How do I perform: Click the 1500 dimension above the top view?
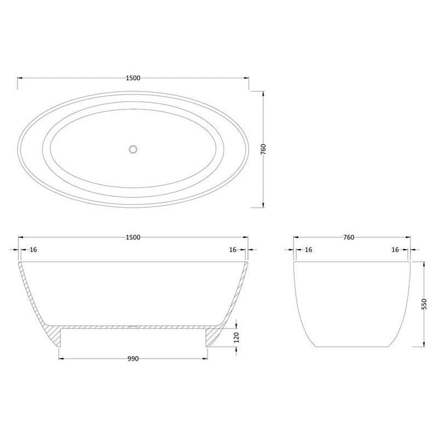click(x=133, y=78)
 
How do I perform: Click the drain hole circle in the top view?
click(x=133, y=149)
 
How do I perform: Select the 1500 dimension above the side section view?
click(x=133, y=237)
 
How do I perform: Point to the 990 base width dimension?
click(x=132, y=359)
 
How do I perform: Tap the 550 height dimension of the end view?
click(x=424, y=304)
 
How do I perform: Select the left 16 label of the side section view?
click(x=34, y=249)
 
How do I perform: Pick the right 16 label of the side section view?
click(x=232, y=249)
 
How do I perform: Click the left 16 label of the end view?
click(x=308, y=249)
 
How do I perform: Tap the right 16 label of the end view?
click(x=394, y=249)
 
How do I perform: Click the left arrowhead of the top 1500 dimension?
click(x=19, y=78)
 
